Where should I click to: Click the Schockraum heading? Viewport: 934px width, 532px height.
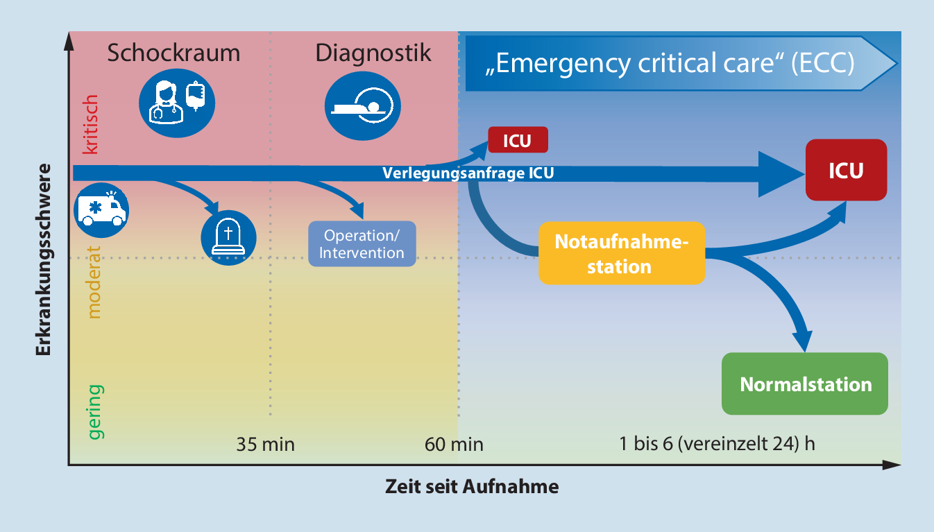[x=173, y=53]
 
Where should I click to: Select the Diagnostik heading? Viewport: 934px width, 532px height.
[x=373, y=53]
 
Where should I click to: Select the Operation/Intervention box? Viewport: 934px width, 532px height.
[x=362, y=243]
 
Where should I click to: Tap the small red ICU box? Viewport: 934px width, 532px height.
[x=518, y=140]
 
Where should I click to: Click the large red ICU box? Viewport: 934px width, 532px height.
[x=846, y=170]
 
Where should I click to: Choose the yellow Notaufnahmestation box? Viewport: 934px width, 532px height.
[x=621, y=254]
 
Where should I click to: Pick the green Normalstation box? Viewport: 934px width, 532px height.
[x=805, y=384]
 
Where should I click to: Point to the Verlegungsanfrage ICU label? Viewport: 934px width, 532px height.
[x=468, y=173]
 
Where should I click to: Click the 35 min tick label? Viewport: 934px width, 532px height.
[x=265, y=444]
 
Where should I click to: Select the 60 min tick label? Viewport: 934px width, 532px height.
[x=454, y=444]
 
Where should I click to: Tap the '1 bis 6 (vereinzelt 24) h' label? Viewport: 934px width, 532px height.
[x=717, y=444]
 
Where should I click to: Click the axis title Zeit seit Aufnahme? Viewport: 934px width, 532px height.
[x=472, y=487]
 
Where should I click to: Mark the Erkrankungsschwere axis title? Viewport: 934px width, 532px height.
[x=43, y=259]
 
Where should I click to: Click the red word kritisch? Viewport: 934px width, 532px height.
[x=92, y=125]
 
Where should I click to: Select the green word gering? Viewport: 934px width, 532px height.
[x=94, y=411]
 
